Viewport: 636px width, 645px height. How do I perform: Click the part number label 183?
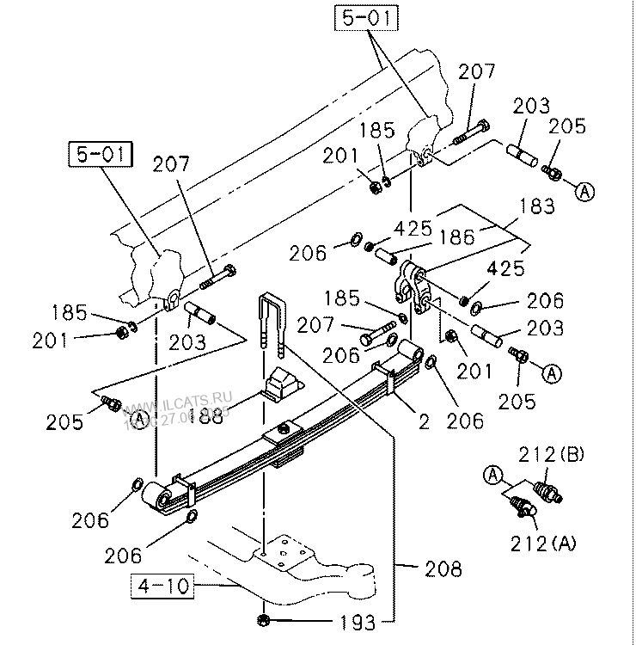537,207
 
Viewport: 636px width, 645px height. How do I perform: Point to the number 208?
443,568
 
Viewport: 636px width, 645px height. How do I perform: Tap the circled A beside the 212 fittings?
492,473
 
